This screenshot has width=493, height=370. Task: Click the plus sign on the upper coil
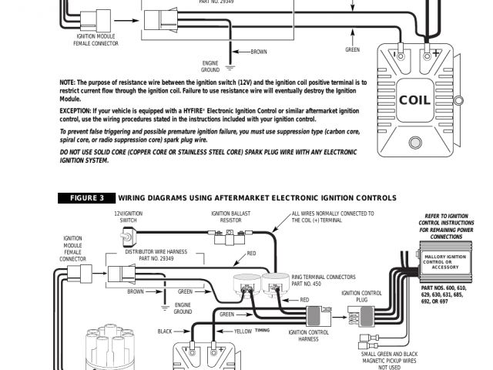[436, 55]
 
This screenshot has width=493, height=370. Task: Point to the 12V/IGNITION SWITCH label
[129, 217]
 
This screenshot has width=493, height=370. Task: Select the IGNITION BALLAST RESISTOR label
[231, 217]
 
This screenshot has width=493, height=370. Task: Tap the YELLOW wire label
[243, 331]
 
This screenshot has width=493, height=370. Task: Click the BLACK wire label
[165, 331]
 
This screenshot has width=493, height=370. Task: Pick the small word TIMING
[263, 329]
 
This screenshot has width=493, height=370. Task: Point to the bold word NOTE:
[68, 82]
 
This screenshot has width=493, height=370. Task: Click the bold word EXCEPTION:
[76, 111]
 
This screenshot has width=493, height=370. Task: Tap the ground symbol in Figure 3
[164, 305]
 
